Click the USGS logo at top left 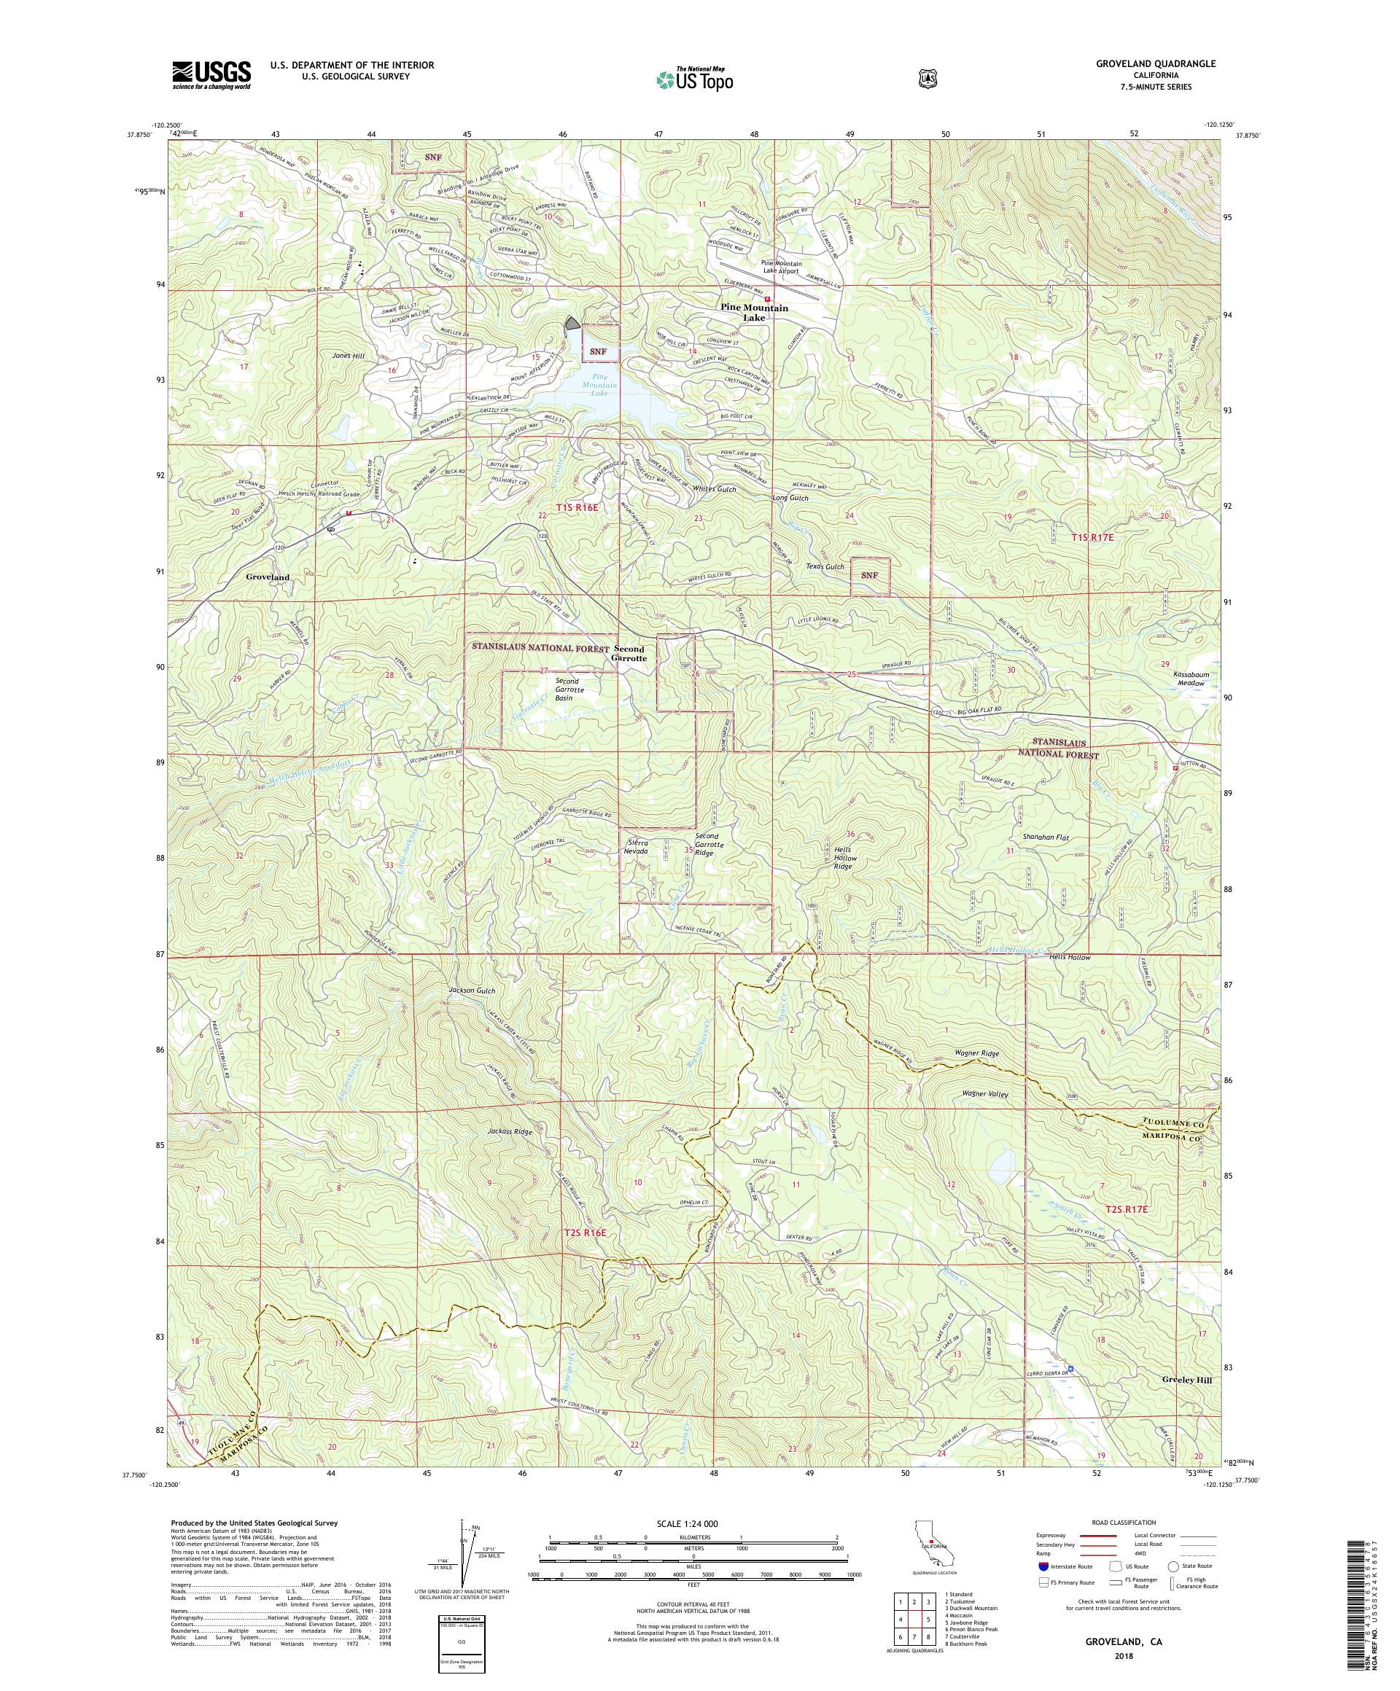pyautogui.click(x=210, y=75)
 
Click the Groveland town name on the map pyautogui.click(x=268, y=577)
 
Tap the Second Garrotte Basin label pyautogui.click(x=562, y=690)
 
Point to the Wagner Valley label pyautogui.click(x=984, y=1093)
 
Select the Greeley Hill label pyautogui.click(x=1186, y=1378)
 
